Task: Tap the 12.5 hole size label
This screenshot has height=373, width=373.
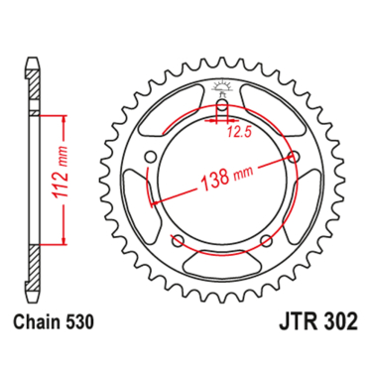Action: (x=236, y=130)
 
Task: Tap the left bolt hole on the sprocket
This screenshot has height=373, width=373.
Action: (x=147, y=158)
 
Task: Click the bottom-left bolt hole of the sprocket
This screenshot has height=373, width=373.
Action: (x=177, y=243)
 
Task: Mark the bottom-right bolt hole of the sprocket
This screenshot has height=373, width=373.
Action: (x=269, y=242)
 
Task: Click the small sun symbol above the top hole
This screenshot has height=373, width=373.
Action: (x=222, y=85)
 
